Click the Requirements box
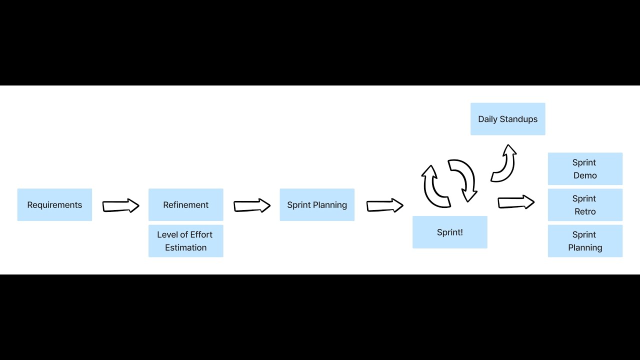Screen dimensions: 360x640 coord(54,205)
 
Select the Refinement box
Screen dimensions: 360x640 coord(185,205)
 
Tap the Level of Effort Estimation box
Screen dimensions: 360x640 coord(185,241)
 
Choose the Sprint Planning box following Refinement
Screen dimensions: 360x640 coord(317,205)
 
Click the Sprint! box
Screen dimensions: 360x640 coord(449,232)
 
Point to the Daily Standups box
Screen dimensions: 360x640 coord(507,119)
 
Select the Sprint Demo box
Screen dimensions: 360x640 coord(585,169)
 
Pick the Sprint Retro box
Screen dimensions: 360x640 coord(585,205)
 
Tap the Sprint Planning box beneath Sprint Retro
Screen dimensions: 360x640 coord(585,241)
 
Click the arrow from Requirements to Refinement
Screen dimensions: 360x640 coord(120,205)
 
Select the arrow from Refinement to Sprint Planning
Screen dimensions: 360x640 coord(252,205)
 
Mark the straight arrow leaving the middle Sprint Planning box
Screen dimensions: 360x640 coord(384,205)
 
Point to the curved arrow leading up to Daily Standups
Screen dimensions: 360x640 coord(504,164)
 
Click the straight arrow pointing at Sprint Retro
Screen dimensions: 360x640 coord(516,202)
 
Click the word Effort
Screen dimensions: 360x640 coord(201,234)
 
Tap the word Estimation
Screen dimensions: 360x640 coord(185,247)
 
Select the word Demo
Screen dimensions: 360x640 coord(585,175)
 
